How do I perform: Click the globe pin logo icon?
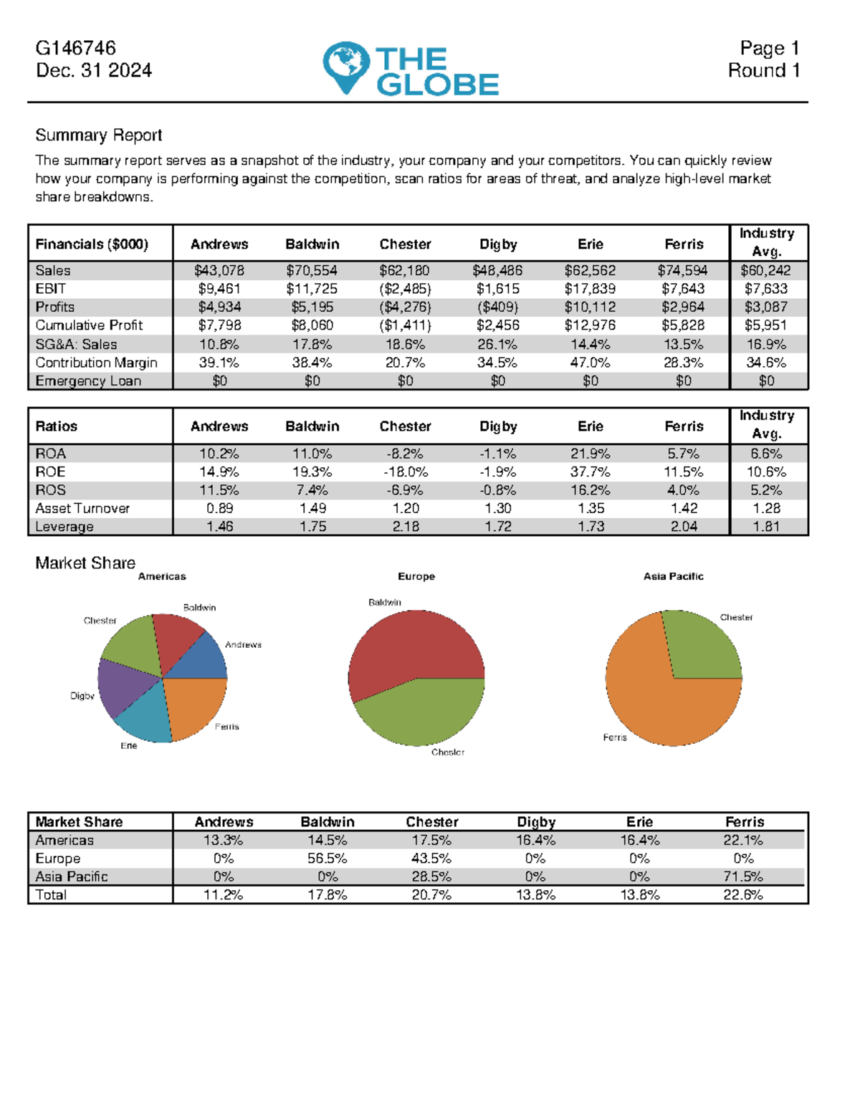pos(345,66)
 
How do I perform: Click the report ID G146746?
pos(75,48)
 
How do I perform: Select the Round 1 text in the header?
pos(763,70)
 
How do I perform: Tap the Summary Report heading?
pos(98,135)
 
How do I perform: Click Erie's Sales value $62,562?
pos(590,270)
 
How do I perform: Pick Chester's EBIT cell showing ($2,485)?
pos(405,289)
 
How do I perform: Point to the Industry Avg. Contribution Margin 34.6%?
pos(766,363)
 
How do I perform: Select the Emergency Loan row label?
pos(88,381)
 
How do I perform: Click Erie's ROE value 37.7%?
pos(590,472)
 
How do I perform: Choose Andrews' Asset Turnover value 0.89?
pos(219,508)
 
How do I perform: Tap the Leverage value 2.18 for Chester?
pos(405,527)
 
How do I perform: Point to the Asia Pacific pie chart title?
pos(673,576)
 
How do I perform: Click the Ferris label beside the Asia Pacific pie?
pos(615,737)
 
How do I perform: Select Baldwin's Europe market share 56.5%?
pos(328,859)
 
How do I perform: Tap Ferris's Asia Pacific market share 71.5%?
pos(743,876)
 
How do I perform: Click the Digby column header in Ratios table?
pos(498,426)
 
